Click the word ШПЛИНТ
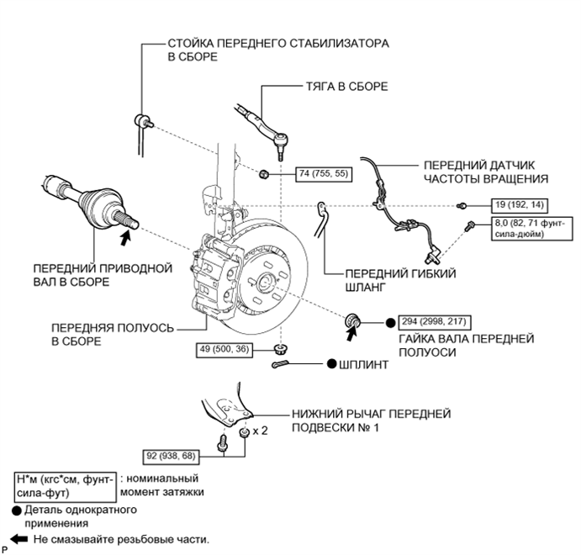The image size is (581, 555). tap(364, 365)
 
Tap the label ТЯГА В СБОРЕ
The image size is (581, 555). tap(346, 87)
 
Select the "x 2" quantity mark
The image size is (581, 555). tap(260, 431)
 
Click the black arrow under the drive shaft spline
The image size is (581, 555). tap(126, 237)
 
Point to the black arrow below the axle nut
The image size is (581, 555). tap(351, 333)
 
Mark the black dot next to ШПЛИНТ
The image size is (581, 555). tap(332, 364)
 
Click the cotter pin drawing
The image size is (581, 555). tap(281, 365)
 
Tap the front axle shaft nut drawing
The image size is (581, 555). tap(352, 320)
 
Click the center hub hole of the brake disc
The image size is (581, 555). tap(266, 283)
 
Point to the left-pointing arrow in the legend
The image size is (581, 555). tap(18, 539)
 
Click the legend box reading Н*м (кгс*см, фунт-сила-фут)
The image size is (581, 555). tap(66, 487)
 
